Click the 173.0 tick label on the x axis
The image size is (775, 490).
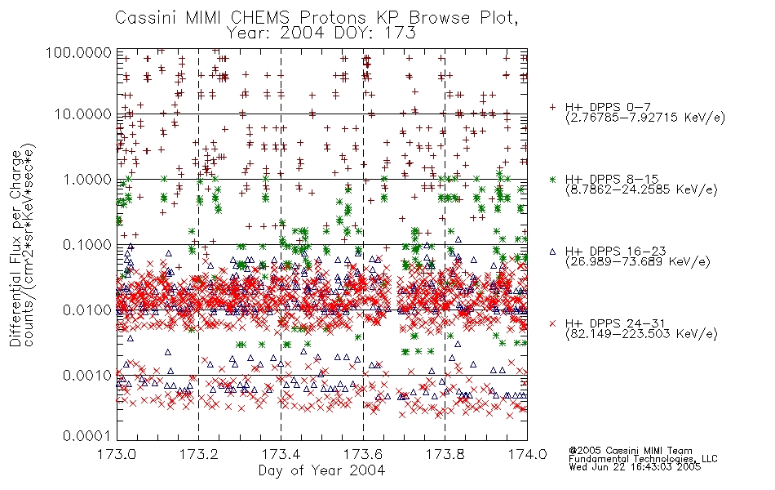tap(117, 454)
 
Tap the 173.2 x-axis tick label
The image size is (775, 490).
tap(199, 454)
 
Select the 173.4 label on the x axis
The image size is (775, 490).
tap(281, 454)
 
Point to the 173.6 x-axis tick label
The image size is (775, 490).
tap(363, 454)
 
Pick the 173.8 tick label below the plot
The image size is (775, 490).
tap(445, 454)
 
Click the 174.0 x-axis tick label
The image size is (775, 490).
tap(527, 454)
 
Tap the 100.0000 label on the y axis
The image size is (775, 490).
tap(78, 52)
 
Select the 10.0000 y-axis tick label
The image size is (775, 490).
tap(83, 114)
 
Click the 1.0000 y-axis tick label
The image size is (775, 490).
tap(87, 179)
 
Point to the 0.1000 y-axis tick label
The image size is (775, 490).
tap(87, 244)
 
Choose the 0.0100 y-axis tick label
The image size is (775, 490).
tap(87, 310)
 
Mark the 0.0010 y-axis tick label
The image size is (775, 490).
tap(87, 376)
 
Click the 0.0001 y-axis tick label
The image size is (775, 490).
tap(87, 436)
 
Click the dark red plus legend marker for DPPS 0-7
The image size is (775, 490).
tap(552, 107)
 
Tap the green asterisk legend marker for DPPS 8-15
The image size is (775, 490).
tap(552, 179)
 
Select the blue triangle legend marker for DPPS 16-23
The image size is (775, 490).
tap(552, 252)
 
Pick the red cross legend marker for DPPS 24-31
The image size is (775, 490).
tap(552, 323)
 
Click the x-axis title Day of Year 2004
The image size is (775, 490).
tap(321, 470)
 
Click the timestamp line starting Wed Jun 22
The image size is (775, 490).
tap(635, 467)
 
